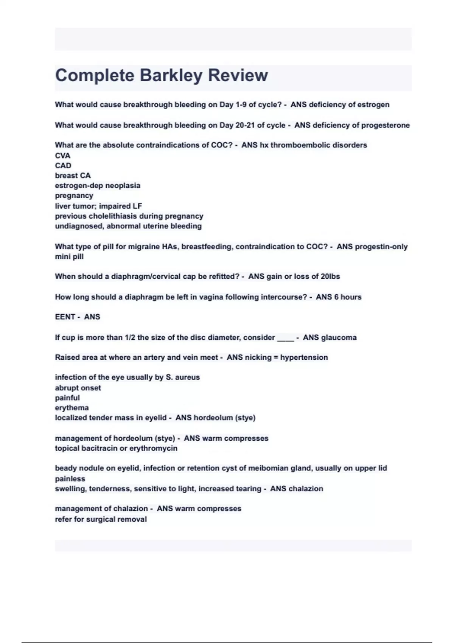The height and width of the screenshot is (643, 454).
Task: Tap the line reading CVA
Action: pyautogui.click(x=63, y=155)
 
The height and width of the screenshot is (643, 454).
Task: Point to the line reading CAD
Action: pyautogui.click(x=63, y=166)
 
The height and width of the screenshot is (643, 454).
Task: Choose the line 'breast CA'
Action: pyautogui.click(x=73, y=176)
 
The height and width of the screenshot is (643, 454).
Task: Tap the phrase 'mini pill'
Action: pyautogui.click(x=69, y=256)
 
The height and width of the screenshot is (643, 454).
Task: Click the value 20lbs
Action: pyautogui.click(x=330, y=276)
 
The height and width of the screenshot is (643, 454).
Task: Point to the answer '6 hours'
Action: pyautogui.click(x=348, y=297)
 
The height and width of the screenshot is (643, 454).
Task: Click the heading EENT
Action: pyautogui.click(x=65, y=317)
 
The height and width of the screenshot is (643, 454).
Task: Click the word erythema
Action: pyautogui.click(x=72, y=408)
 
